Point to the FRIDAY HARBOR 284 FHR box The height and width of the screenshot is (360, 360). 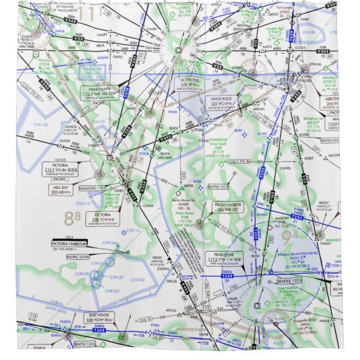[x=228, y=207]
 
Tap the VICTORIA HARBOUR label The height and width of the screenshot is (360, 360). [x=70, y=244]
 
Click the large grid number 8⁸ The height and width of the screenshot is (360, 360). [x=72, y=219]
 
